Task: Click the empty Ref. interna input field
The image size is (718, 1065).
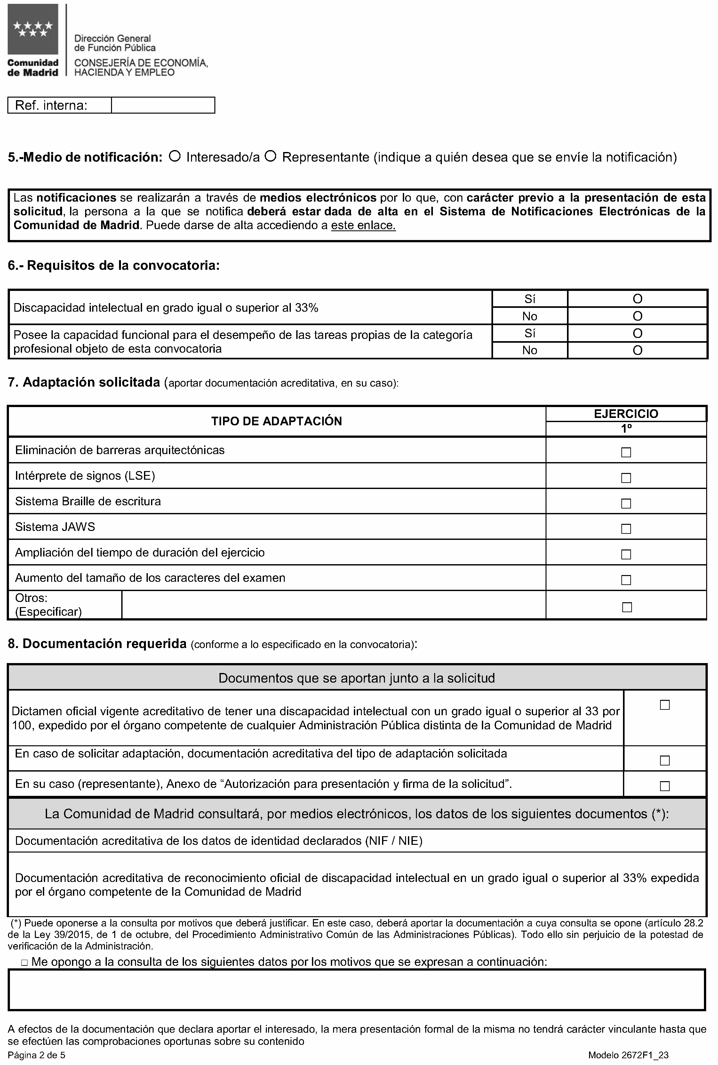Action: (x=163, y=105)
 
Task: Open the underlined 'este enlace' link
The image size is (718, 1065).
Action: (x=363, y=225)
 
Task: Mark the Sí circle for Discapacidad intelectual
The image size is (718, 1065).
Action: (x=637, y=299)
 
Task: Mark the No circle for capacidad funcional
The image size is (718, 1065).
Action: (x=637, y=350)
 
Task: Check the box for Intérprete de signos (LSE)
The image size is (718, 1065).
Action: (x=626, y=477)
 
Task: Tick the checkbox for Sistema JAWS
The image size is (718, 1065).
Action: (x=626, y=529)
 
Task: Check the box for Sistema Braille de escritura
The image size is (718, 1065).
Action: (x=626, y=503)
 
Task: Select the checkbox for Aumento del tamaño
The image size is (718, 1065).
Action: (x=626, y=580)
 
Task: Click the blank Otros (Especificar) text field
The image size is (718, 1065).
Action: (x=333, y=605)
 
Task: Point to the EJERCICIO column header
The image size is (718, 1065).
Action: (x=626, y=413)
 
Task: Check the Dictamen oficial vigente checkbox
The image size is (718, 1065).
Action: (x=665, y=705)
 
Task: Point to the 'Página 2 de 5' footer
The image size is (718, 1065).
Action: (x=36, y=1055)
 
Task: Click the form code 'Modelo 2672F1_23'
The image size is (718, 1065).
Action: (x=628, y=1055)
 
